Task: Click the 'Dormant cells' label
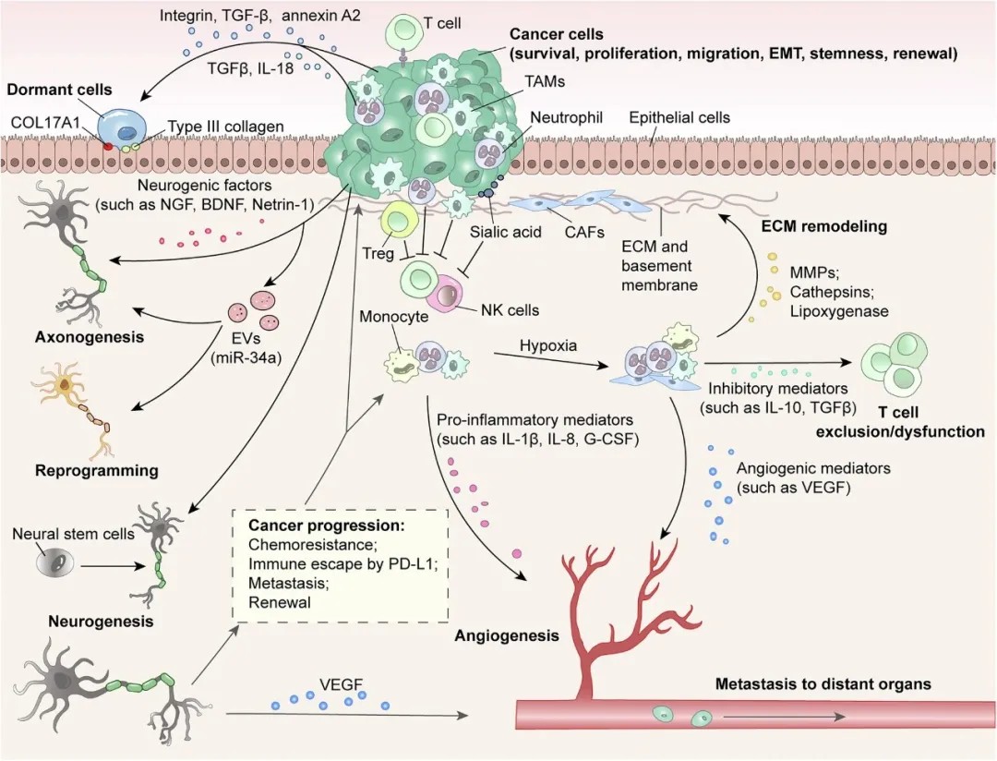click(x=59, y=91)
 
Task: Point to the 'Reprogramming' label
click(x=97, y=470)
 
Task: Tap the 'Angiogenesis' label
click(x=507, y=635)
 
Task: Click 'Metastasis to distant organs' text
click(x=823, y=684)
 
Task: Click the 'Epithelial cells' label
click(x=679, y=117)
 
